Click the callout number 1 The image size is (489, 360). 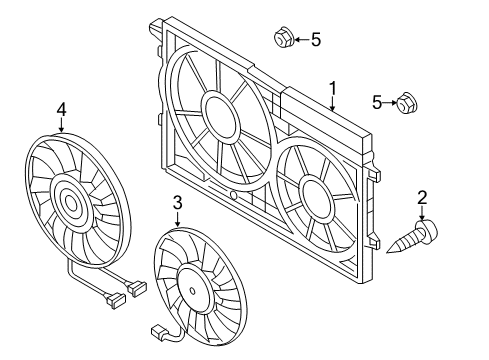point(333,88)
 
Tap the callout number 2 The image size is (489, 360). point(422,198)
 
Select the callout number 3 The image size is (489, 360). point(178,203)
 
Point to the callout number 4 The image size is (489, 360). point(62,110)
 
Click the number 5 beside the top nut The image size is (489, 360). point(316,40)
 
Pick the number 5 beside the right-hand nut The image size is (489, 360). point(377,102)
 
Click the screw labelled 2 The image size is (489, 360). point(412,237)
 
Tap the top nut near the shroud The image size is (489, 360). point(284,37)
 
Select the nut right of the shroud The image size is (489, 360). point(407,102)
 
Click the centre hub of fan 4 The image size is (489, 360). point(70,202)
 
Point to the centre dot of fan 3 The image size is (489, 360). point(192,291)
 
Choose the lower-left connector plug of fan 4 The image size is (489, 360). point(115,300)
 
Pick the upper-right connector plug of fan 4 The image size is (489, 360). point(137,288)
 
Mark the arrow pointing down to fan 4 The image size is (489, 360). point(62,125)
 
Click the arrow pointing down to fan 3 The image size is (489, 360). point(178,219)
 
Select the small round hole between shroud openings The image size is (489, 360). point(234,196)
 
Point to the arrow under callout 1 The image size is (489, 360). point(333,103)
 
